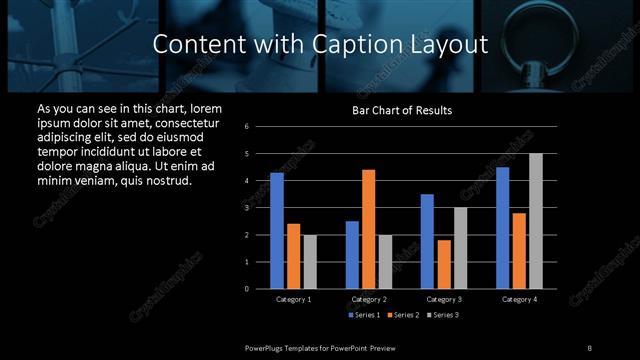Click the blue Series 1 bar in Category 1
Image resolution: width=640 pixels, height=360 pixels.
point(276,231)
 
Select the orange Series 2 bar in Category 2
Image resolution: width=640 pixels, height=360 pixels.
point(368,229)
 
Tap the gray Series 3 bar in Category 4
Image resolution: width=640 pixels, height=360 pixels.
point(536,221)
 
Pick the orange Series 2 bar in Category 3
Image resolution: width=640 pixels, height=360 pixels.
point(444,264)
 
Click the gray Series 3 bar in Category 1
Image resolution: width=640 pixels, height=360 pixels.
point(309,262)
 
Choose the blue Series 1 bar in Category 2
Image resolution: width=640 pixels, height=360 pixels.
point(352,255)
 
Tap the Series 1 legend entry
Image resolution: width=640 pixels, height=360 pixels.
point(364,315)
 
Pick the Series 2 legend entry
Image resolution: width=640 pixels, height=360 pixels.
point(402,315)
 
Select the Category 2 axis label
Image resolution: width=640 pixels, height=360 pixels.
point(369,299)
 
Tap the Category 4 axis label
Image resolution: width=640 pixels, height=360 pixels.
point(519,299)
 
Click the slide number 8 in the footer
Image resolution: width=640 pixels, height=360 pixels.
point(589,347)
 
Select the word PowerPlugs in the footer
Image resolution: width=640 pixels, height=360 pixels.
point(267,347)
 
